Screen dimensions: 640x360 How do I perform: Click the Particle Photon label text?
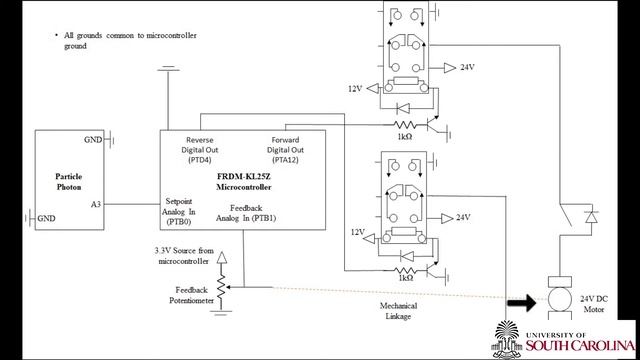[69, 182]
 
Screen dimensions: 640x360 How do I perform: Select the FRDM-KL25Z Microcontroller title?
[244, 182]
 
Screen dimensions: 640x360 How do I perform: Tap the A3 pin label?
[96, 204]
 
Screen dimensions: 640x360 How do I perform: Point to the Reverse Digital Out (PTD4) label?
[200, 150]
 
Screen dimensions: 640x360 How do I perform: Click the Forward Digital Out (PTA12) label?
[285, 150]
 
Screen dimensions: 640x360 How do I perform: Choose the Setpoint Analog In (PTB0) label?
[179, 211]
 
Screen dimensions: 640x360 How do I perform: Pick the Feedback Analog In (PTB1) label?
[246, 213]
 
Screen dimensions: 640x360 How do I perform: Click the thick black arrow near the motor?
[522, 303]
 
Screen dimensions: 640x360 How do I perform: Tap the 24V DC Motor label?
[594, 304]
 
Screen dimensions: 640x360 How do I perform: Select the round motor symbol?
[560, 299]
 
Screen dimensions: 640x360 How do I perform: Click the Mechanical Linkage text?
[398, 311]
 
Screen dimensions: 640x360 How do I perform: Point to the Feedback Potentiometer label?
[191, 295]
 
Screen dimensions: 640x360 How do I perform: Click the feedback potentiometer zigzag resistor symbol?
[221, 287]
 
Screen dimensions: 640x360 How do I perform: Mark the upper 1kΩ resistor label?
[404, 137]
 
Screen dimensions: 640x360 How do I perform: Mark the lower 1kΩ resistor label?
[405, 278]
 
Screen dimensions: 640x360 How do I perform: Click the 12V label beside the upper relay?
[355, 89]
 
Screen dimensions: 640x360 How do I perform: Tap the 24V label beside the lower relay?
[463, 218]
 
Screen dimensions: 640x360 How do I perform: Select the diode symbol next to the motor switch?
[591, 217]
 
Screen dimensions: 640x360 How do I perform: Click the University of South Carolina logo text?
[580, 342]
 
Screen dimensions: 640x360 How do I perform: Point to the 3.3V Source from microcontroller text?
[184, 256]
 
